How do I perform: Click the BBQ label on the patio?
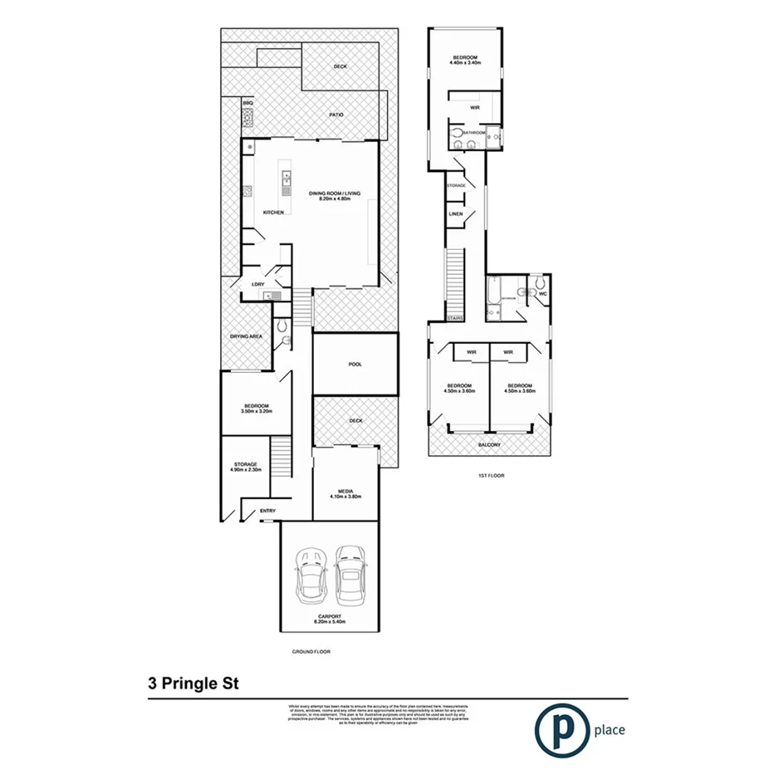click(247, 101)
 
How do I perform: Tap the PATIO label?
click(336, 115)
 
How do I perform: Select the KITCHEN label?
click(274, 213)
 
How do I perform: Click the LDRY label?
click(257, 284)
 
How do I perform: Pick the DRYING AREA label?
click(246, 336)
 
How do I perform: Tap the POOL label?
click(355, 365)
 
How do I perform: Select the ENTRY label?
click(267, 511)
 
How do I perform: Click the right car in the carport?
click(350, 575)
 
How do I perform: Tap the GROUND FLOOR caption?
click(311, 652)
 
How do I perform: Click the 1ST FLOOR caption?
click(492, 476)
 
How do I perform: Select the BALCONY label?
click(489, 445)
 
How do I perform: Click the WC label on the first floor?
click(541, 294)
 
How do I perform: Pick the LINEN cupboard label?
click(455, 214)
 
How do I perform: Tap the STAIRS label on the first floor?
click(454, 317)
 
